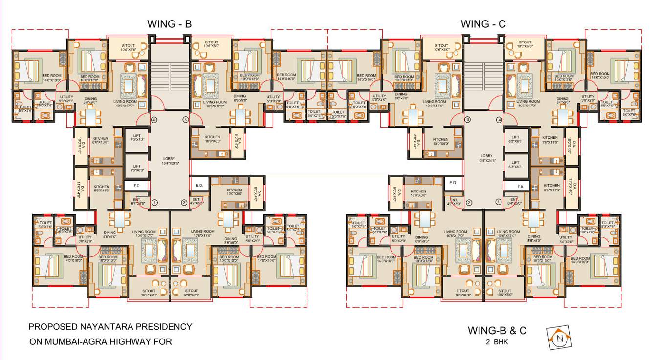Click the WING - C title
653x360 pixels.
click(483, 24)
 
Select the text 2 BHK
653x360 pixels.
click(497, 342)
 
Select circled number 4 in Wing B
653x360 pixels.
click(153, 120)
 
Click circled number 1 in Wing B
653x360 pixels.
click(154, 203)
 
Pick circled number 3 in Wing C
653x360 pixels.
click(468, 120)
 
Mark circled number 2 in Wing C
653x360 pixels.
click(468, 202)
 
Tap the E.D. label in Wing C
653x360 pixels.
click(453, 183)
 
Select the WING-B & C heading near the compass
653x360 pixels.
click(497, 330)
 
